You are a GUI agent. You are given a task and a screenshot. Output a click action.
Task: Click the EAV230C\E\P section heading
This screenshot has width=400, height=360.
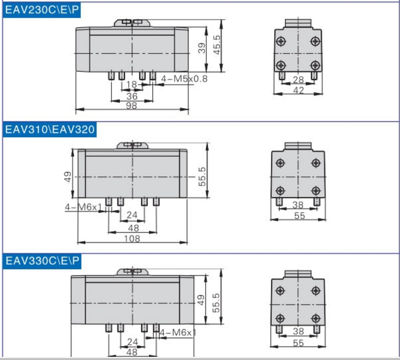click(42, 10)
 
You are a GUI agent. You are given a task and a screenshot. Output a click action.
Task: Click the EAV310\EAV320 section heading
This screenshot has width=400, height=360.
click(50, 129)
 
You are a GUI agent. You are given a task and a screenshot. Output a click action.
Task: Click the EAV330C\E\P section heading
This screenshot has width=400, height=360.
click(42, 261)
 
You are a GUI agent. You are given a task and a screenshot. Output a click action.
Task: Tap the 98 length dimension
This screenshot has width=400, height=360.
click(131, 105)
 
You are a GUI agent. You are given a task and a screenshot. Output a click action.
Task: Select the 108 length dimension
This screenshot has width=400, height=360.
click(132, 239)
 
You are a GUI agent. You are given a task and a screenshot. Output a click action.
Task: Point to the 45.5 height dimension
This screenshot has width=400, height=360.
click(217, 45)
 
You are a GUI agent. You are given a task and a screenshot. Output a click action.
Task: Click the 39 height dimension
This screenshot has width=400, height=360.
click(202, 48)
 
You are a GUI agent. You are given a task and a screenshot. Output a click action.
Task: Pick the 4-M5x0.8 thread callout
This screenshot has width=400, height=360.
click(184, 79)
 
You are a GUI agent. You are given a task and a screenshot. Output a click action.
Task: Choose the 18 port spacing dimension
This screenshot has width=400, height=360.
click(131, 84)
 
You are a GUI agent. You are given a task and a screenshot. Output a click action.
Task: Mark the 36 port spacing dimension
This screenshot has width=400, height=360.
click(132, 96)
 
